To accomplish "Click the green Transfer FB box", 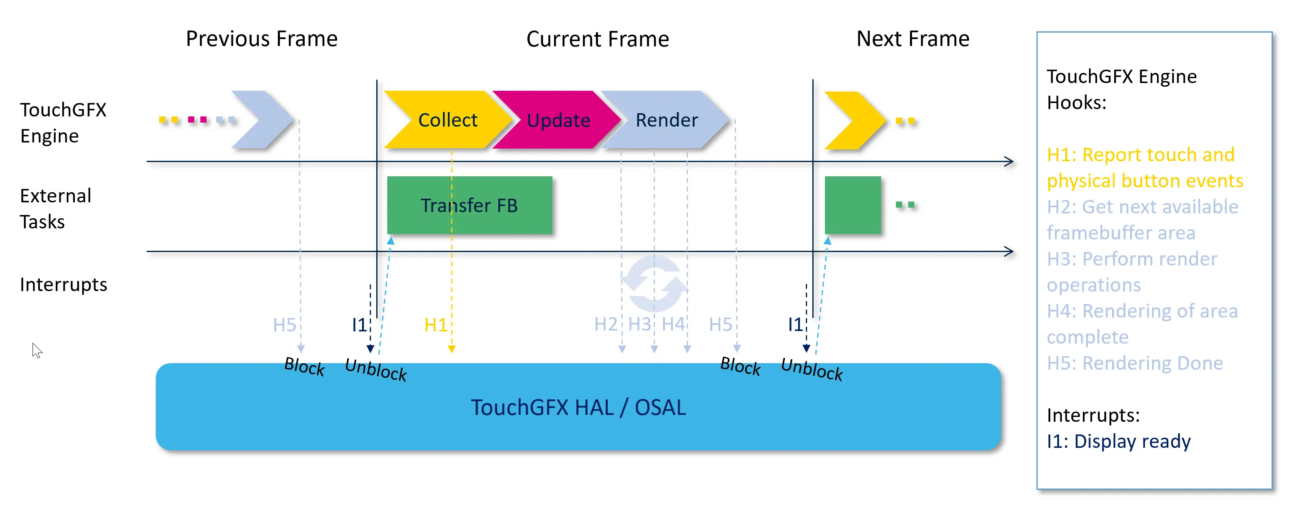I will click(x=469, y=205).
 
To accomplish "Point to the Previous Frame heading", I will click(x=262, y=39).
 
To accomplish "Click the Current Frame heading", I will click(x=597, y=39).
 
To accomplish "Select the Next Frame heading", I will click(x=913, y=39).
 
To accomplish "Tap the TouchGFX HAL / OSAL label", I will click(x=578, y=407).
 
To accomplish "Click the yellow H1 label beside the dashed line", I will click(x=435, y=325).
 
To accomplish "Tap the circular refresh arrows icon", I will click(x=654, y=283).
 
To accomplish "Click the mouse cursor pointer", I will click(x=37, y=350).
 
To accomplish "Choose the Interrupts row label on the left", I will click(x=63, y=285).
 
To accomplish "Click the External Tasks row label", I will click(x=55, y=208).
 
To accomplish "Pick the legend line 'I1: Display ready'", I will click(x=1118, y=441).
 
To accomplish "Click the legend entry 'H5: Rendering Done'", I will click(x=1135, y=363).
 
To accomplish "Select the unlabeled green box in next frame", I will click(x=853, y=205).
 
